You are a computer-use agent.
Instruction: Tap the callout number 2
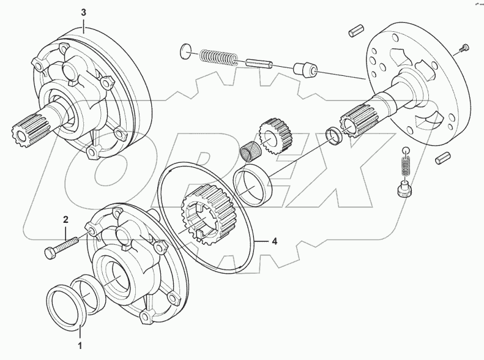point(65,219)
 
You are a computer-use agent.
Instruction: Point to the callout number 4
point(275,242)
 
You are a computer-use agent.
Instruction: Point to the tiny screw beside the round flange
point(465,47)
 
